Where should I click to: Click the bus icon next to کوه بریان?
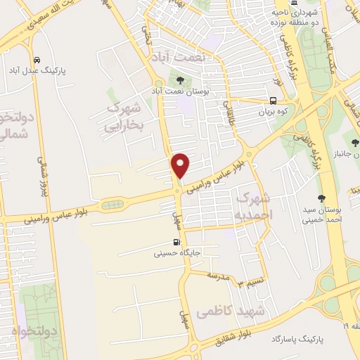point(273,100)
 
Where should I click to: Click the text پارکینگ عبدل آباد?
point(36,71)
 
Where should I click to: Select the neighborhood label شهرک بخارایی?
point(123,117)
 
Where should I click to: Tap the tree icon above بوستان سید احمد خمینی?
point(322,198)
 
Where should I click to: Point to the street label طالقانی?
point(229,112)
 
